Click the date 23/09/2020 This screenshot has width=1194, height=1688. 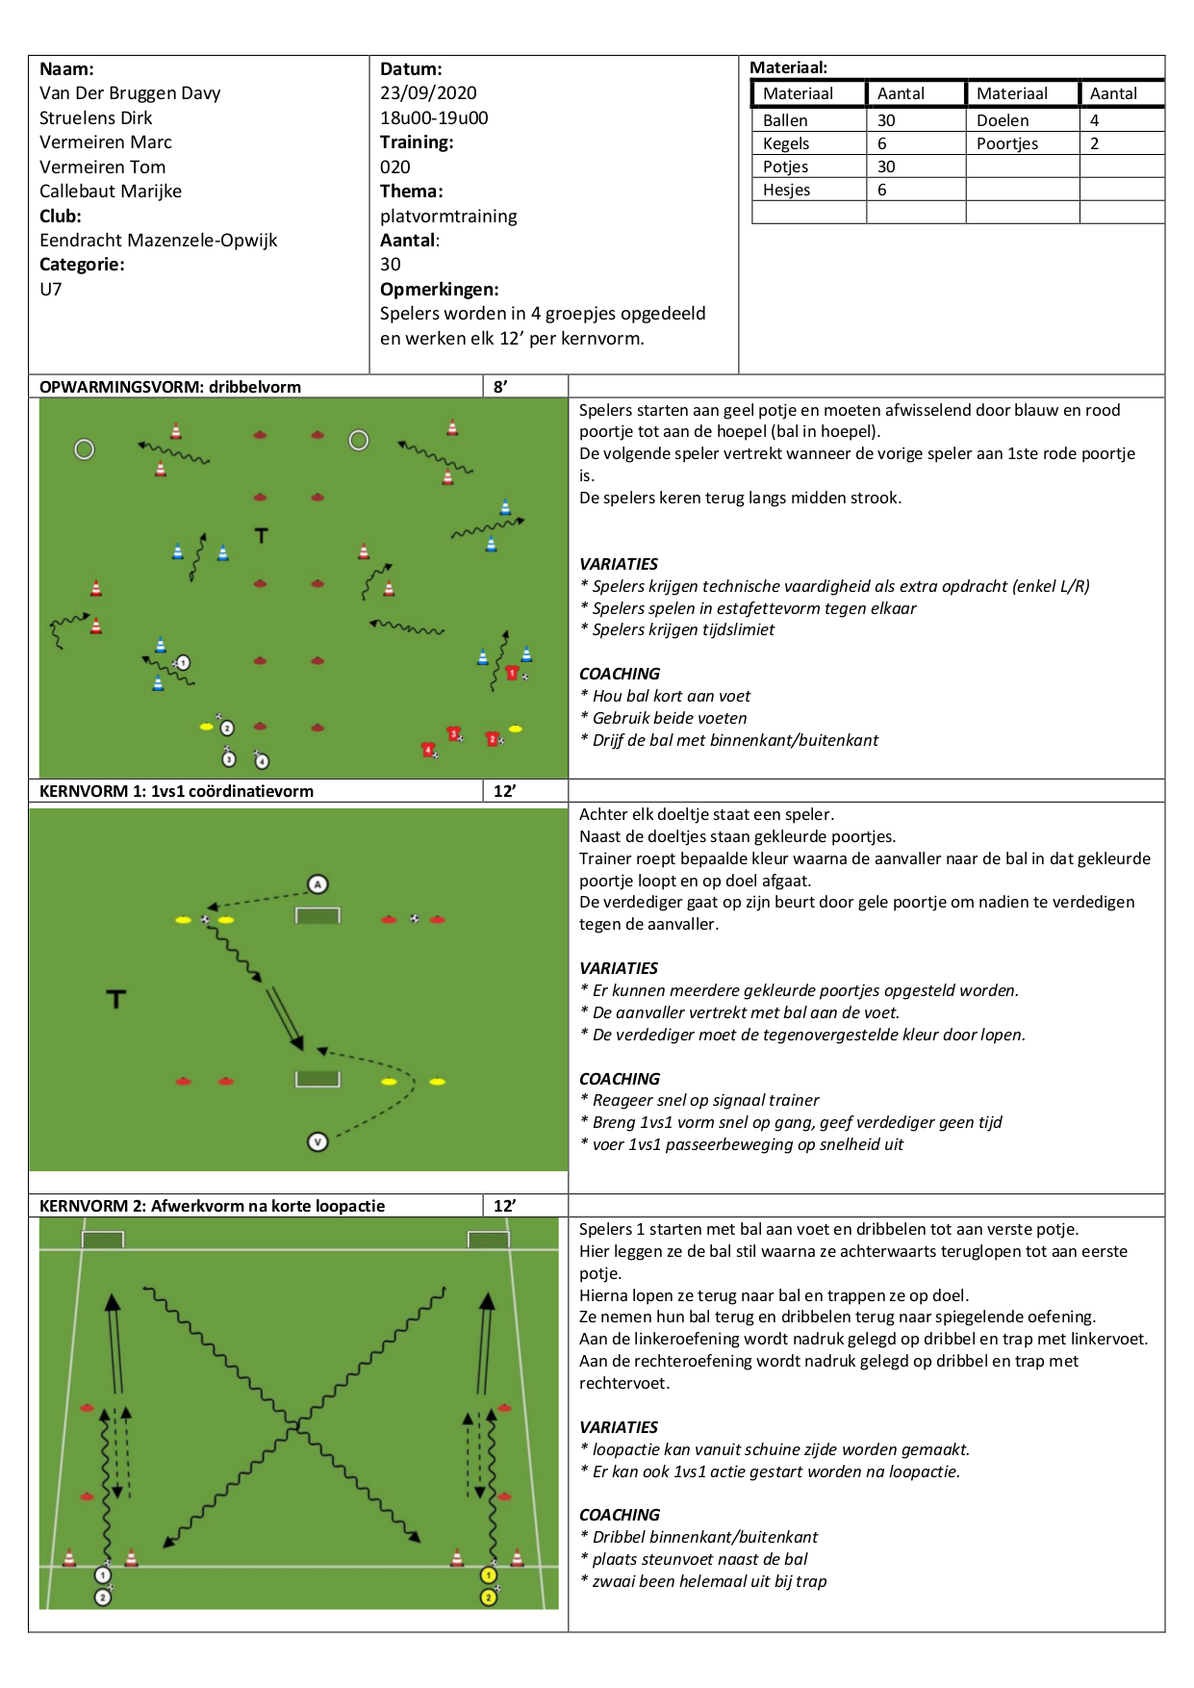click(428, 93)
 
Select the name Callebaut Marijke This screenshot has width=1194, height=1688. click(111, 192)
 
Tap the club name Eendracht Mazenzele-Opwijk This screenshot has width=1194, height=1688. click(158, 241)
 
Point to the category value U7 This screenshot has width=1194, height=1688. click(50, 290)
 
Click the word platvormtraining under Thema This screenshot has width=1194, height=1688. click(448, 217)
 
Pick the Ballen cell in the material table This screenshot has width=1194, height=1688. click(785, 120)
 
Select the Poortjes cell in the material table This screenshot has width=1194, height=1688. click(1007, 143)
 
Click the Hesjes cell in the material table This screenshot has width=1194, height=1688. click(786, 190)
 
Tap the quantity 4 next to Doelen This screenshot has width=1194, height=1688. click(1094, 120)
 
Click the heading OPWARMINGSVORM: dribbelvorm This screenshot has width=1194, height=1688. click(170, 387)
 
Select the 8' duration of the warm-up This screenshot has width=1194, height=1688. click(500, 387)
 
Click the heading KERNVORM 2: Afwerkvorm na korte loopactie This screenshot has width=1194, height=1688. click(212, 1206)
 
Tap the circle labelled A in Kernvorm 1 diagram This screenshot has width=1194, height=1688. click(318, 884)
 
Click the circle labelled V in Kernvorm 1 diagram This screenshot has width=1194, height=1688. click(318, 1142)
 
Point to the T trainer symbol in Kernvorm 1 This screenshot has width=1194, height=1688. click(116, 999)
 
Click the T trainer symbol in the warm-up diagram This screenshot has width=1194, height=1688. click(262, 535)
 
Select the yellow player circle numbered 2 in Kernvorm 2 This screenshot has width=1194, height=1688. click(489, 1598)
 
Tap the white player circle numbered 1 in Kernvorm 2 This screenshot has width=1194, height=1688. click(103, 1575)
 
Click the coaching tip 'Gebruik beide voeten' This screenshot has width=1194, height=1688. click(670, 718)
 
